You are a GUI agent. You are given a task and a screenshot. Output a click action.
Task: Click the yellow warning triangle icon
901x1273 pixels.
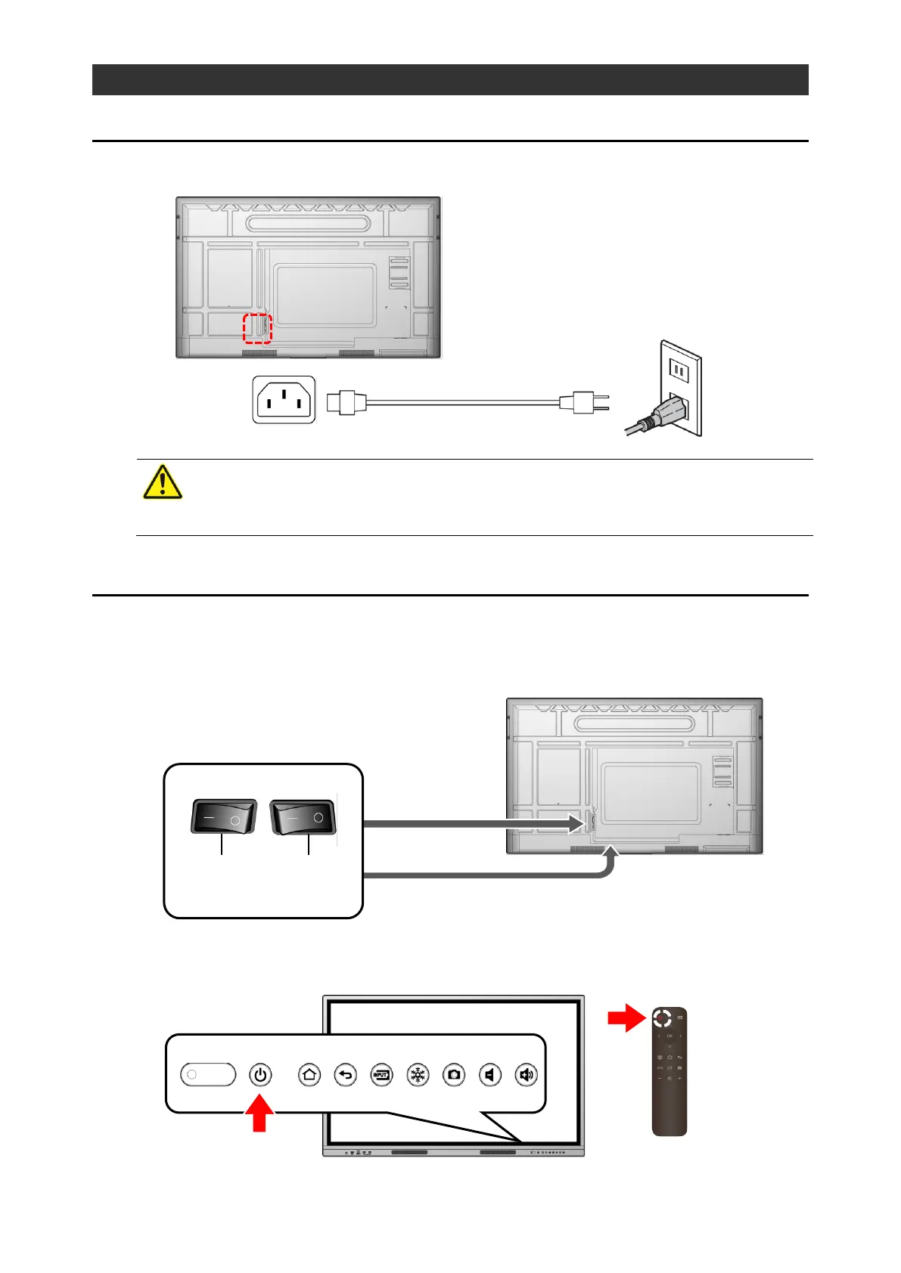(x=163, y=482)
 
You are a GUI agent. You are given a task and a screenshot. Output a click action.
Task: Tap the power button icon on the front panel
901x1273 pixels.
(x=260, y=1074)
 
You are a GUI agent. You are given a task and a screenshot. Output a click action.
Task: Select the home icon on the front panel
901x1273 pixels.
(x=309, y=1074)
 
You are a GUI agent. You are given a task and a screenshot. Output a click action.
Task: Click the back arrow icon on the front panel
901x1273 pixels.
(x=346, y=1074)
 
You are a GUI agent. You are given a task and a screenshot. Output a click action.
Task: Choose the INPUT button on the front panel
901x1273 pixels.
(x=382, y=1074)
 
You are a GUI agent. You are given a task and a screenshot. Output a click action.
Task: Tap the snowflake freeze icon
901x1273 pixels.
(x=418, y=1074)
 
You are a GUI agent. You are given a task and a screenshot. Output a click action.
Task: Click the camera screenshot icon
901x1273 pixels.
(x=454, y=1074)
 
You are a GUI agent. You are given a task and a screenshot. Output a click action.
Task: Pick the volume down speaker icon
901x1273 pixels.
(x=490, y=1074)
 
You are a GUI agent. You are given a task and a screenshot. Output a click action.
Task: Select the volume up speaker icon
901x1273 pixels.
(x=527, y=1074)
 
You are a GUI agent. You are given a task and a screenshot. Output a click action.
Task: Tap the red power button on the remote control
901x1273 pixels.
(x=661, y=1019)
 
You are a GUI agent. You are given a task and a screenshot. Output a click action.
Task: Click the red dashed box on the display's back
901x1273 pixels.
(x=256, y=328)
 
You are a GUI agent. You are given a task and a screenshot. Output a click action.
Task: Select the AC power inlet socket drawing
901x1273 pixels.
(x=284, y=400)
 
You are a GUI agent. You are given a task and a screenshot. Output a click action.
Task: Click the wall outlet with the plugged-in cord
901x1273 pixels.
(x=679, y=389)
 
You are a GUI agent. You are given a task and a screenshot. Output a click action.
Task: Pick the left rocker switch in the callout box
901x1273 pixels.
(x=223, y=817)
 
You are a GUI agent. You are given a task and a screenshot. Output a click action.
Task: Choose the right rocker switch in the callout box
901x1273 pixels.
(x=304, y=817)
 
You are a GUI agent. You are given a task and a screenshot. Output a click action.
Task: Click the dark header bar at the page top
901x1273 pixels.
(x=450, y=79)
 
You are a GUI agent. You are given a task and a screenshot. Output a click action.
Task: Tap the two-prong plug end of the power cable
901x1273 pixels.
(x=587, y=402)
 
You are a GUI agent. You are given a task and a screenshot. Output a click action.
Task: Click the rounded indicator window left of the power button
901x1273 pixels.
(x=208, y=1074)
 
